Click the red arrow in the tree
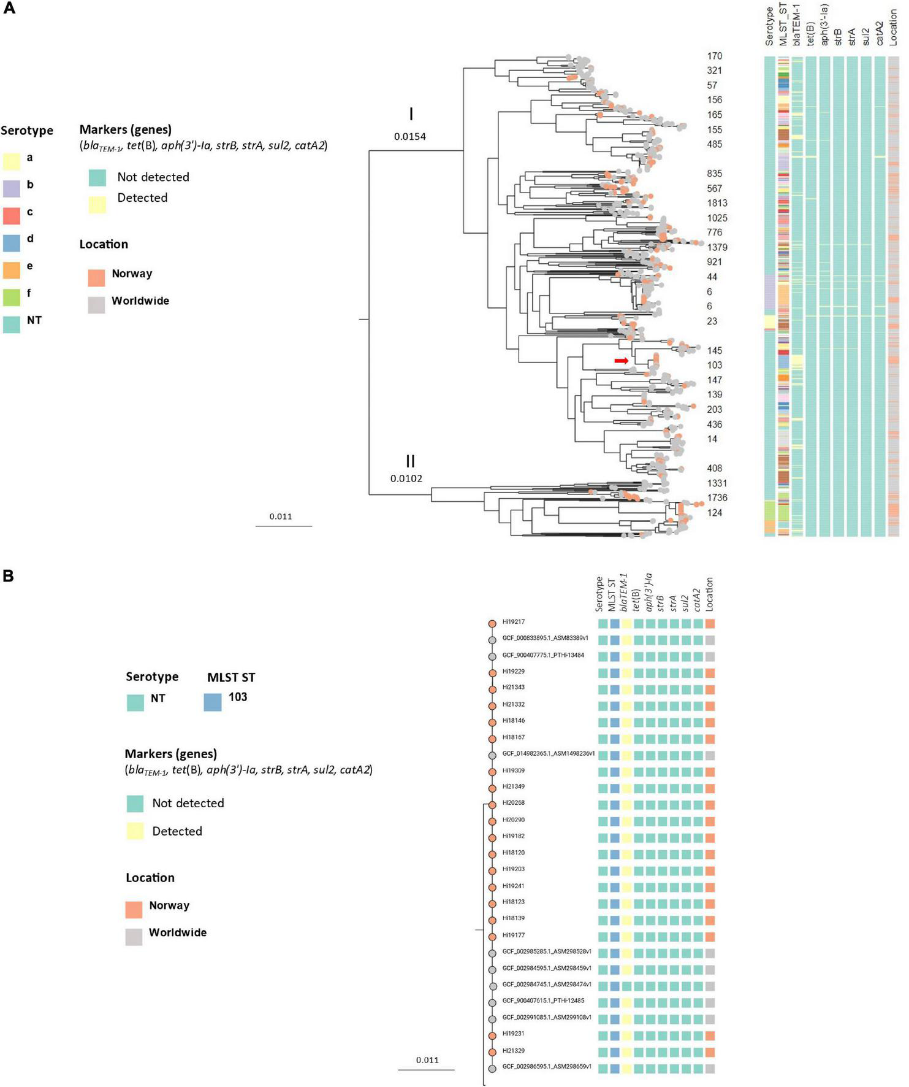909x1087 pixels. [622, 361]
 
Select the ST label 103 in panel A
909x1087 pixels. [714, 365]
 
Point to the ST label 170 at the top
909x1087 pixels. [714, 56]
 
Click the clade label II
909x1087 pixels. [410, 461]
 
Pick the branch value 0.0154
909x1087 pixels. [409, 136]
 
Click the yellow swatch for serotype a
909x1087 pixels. [12, 161]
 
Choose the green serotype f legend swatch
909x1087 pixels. [12, 297]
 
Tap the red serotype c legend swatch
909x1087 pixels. [12, 215]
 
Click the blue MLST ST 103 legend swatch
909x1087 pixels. [212, 702]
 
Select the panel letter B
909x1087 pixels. [9, 576]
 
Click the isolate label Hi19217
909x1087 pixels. [513, 622]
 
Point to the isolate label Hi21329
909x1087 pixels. [513, 1051]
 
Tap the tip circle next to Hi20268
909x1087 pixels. [492, 804]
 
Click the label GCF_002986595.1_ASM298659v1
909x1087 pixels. [547, 1067]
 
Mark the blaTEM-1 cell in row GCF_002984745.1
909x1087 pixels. [626, 985]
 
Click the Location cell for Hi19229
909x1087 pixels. [710, 673]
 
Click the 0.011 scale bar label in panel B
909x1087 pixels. [427, 1060]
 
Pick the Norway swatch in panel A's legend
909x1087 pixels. [96, 277]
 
